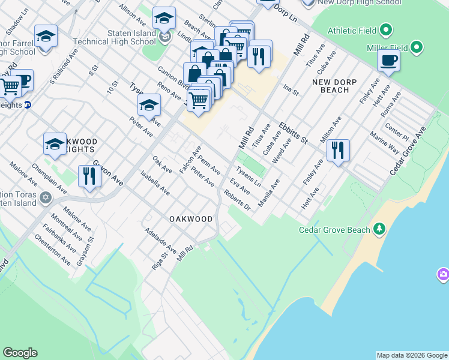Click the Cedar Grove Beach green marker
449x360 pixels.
379,229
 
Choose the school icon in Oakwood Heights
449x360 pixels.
55,143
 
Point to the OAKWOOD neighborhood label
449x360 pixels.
191,219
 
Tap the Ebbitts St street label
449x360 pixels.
293,133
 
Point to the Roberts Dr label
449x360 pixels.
237,200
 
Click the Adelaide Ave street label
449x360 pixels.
160,240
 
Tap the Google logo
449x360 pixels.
20,353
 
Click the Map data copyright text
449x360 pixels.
411,355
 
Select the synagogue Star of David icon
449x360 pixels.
45,197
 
